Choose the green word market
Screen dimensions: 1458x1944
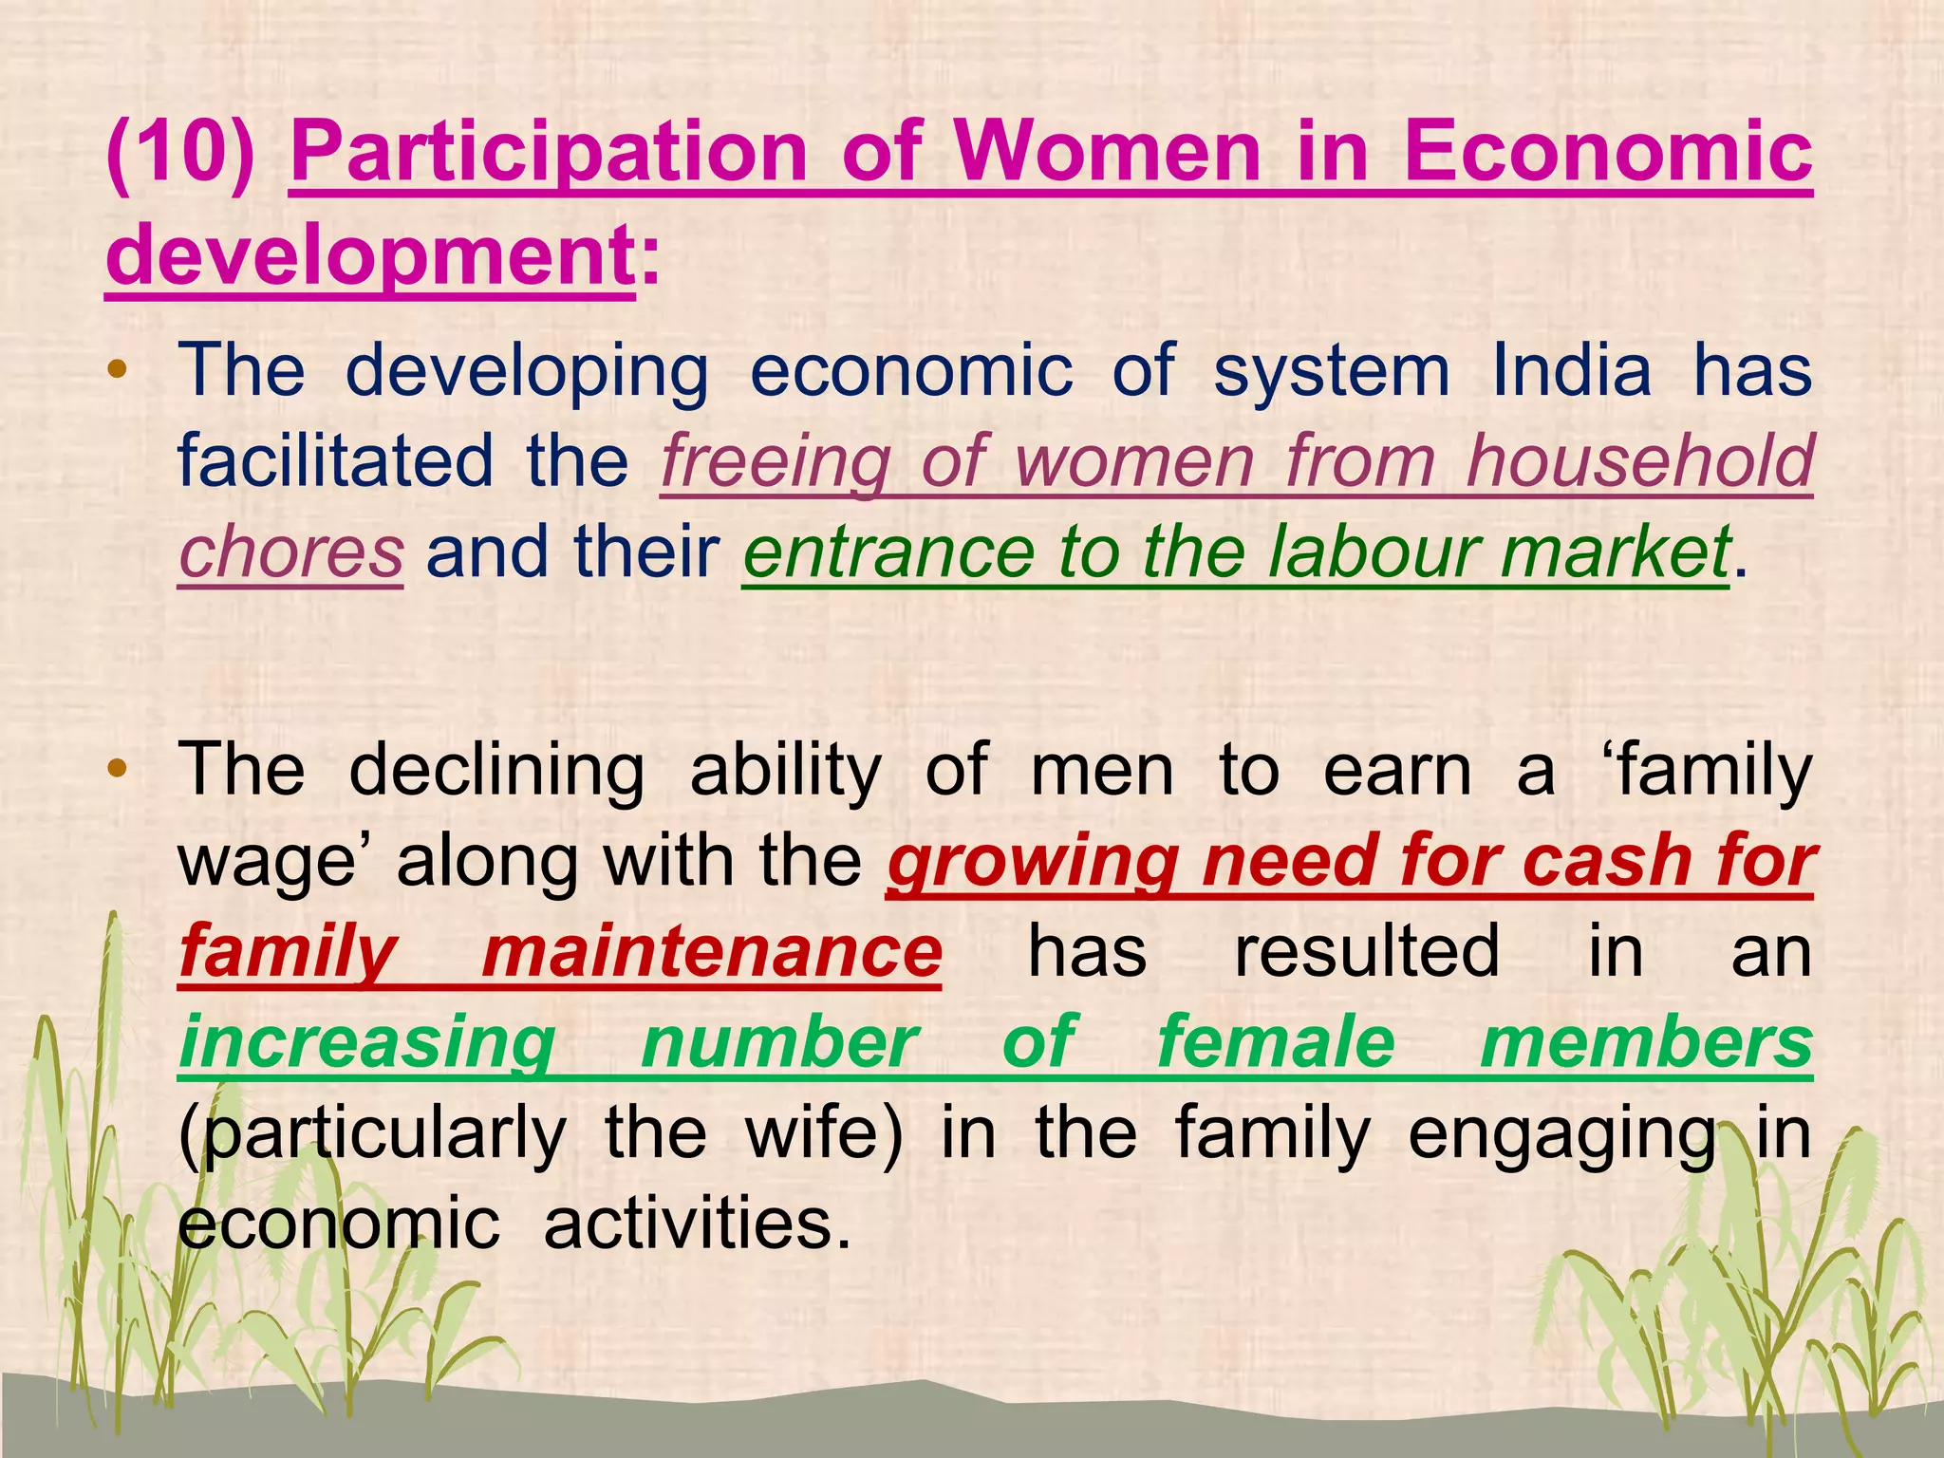coord(1615,552)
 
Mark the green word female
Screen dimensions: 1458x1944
coord(1276,1043)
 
